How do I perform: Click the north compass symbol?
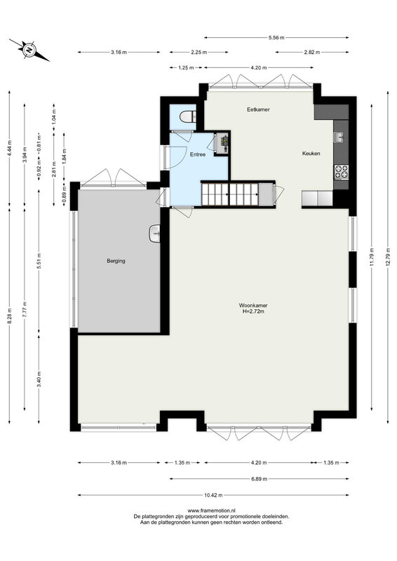coord(29,50)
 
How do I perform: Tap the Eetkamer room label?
coord(258,109)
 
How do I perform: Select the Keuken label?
coord(311,154)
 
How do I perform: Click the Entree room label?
coord(198,154)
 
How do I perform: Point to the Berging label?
coord(116,261)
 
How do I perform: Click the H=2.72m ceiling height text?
coord(253,311)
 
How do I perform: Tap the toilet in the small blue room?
coord(188,116)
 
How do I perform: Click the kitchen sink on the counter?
coord(338,137)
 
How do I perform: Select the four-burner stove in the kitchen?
coord(341,171)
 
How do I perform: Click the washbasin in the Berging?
coord(154,234)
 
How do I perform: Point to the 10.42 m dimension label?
coord(213,495)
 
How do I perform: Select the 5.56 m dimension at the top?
coord(276,37)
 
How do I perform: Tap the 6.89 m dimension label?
coord(259,479)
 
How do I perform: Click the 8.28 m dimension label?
coord(10,316)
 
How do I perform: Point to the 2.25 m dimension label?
coord(198,52)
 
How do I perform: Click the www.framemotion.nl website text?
coord(211,511)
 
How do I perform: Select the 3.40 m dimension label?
coord(39,379)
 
